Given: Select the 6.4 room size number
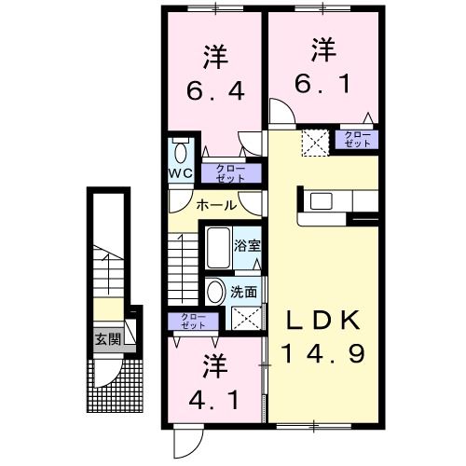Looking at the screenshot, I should (216, 92).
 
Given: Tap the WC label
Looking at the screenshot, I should (180, 173).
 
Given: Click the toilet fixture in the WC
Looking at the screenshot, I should (181, 152).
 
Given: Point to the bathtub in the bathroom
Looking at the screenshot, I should (217, 247).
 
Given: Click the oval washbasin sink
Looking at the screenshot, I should (216, 291).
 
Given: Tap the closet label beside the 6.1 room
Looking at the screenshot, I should (357, 141).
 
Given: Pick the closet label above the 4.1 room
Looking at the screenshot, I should (194, 322).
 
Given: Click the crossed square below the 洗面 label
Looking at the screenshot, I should (245, 320).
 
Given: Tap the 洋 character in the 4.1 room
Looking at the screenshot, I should (217, 364).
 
